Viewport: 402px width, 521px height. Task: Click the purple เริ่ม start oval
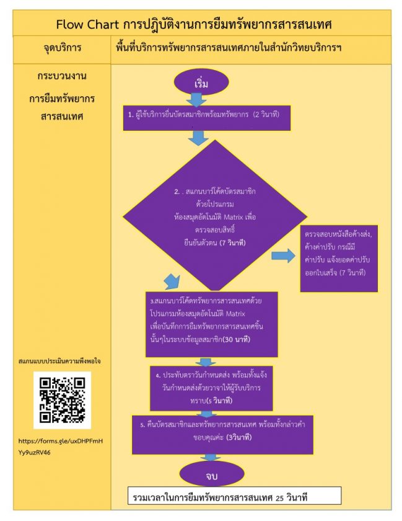coord(201,82)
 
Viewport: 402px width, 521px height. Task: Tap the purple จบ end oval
coord(212,474)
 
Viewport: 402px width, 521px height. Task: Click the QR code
coord(62,400)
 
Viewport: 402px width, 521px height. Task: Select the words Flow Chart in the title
coord(87,24)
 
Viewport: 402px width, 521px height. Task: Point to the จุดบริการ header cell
coord(62,48)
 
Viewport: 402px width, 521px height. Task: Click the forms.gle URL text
coord(61,447)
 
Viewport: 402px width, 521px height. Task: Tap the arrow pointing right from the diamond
coord(283,256)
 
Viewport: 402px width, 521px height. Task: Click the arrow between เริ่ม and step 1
coord(196,100)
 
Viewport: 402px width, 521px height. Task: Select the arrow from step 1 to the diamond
coord(198,138)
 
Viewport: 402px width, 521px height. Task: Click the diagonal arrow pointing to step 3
coord(173,282)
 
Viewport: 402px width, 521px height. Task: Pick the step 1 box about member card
coord(207,118)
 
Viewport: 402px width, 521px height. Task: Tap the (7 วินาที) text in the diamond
coord(232,243)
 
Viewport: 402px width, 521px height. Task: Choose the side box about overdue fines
coord(339,259)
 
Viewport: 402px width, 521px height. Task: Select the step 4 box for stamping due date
coord(211,388)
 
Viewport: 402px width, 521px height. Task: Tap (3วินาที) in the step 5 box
coord(239,437)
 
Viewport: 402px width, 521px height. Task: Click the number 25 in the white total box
coord(279,498)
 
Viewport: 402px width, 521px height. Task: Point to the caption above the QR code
coord(59,361)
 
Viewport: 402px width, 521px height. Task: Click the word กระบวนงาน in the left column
coord(62,76)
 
